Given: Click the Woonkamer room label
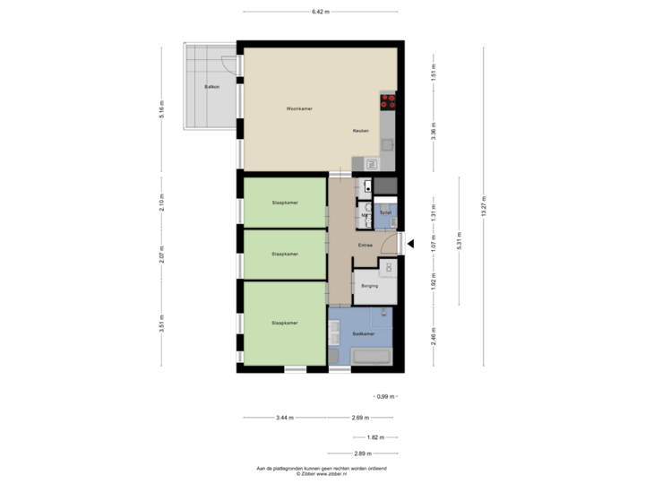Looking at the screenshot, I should point(298,108).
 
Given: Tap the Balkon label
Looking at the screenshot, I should point(211,87).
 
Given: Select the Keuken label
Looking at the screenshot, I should point(361,132).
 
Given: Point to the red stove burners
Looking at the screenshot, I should point(389,101).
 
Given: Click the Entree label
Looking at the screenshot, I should point(365,245).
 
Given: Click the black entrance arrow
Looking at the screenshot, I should point(411,242).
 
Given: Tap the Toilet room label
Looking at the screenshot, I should point(385,213).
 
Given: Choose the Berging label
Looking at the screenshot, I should point(369,286).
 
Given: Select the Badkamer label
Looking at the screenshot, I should point(364,333).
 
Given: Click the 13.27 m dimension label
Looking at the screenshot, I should point(484,206).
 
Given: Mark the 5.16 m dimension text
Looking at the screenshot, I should point(162,109).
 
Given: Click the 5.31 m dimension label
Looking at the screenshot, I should point(460,240).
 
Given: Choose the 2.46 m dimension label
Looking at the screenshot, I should point(434,334).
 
